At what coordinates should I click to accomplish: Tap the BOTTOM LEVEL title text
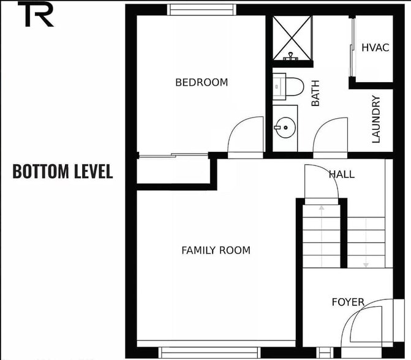pos(62,171)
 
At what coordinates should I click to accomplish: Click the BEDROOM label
pos(202,82)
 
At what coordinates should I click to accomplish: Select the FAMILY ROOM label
pos(216,250)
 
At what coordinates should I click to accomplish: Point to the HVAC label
pos(375,48)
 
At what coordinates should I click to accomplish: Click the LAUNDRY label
pos(376,119)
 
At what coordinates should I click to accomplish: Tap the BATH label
pos(315,96)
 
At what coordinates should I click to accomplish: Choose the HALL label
pos(341,174)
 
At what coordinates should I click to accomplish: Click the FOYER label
pos(348,302)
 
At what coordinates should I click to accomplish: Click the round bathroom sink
pos(285,128)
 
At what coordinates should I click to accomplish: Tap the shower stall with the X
pos(292,37)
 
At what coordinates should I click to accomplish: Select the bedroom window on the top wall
pos(202,9)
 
